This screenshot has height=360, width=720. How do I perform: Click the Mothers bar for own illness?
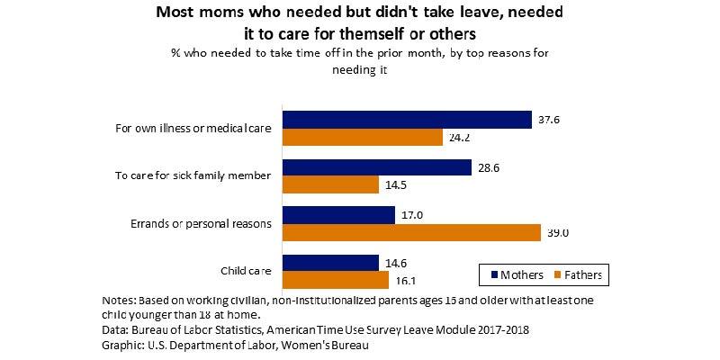point(407,120)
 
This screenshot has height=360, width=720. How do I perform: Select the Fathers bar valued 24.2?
point(363,137)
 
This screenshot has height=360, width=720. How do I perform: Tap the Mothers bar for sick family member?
point(377,168)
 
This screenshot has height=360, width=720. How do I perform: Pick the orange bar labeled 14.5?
point(330,185)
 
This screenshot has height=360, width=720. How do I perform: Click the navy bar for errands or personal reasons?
point(338,216)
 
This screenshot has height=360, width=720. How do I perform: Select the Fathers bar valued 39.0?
point(411,233)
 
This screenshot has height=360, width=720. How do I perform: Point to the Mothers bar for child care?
point(330,263)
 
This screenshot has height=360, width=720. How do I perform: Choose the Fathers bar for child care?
point(335,280)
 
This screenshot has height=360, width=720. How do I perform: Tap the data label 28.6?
point(490,167)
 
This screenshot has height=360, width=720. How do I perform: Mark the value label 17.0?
point(412,216)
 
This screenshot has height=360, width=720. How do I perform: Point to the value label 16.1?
point(408,281)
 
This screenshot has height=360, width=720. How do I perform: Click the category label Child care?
point(246,271)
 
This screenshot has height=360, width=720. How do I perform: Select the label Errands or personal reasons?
point(194,223)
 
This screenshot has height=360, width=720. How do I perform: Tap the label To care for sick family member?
point(193,175)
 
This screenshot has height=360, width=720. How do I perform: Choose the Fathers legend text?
point(584,273)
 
